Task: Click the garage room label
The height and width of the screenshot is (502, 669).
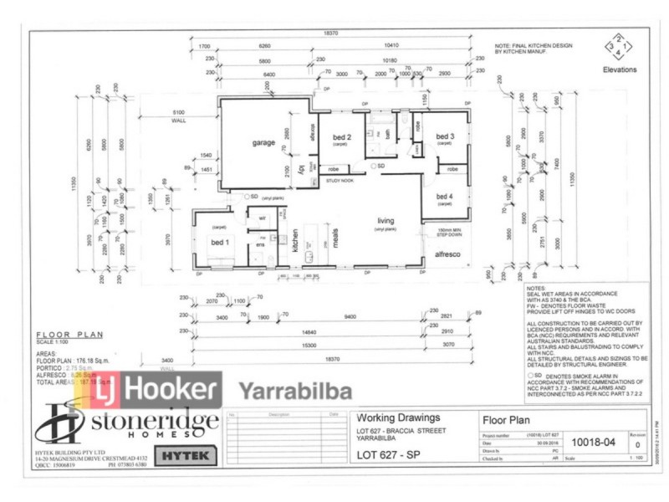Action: click(x=263, y=143)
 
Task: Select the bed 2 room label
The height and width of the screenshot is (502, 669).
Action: click(x=341, y=137)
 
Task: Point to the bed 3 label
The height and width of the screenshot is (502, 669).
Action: click(x=445, y=136)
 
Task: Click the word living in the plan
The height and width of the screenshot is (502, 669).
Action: click(x=385, y=221)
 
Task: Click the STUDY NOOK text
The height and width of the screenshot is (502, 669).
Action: click(x=340, y=179)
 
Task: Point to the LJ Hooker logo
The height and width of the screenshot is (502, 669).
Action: click(x=161, y=391)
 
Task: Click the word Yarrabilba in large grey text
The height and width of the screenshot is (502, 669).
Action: click(x=295, y=392)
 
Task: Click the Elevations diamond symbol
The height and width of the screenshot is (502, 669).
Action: click(x=617, y=48)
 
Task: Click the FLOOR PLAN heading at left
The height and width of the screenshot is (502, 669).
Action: click(x=69, y=334)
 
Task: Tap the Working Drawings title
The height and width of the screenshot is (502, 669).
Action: click(x=396, y=417)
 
